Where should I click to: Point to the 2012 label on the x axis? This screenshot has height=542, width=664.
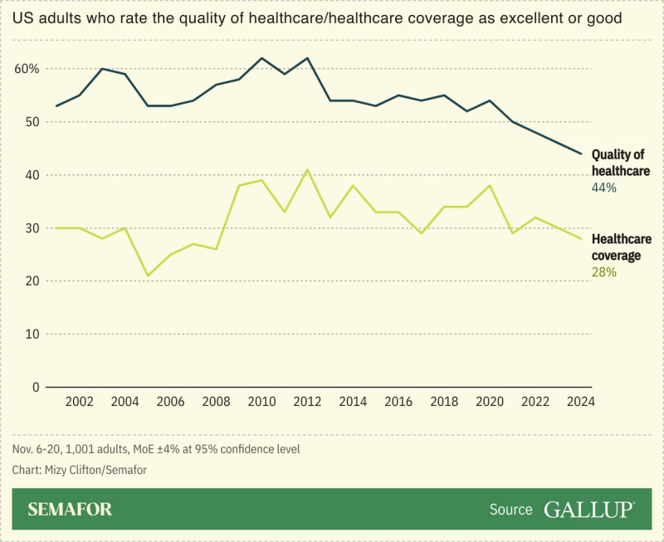[307, 402]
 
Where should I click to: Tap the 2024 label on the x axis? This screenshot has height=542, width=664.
[580, 402]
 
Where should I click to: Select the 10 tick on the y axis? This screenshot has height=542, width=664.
[32, 334]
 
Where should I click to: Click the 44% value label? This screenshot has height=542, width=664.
[603, 188]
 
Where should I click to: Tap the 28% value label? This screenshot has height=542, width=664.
[603, 272]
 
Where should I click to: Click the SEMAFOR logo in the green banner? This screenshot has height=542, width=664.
[70, 509]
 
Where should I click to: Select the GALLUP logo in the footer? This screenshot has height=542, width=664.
[589, 509]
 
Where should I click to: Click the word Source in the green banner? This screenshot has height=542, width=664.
[510, 510]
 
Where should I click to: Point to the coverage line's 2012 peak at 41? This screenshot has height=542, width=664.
[307, 170]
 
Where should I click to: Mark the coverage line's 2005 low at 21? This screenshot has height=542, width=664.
[148, 276]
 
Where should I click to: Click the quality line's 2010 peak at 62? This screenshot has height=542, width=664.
[261, 58]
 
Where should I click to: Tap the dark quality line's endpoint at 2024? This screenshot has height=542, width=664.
[580, 154]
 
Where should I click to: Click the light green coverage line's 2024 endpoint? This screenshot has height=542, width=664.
[580, 238]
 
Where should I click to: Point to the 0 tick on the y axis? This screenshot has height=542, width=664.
[36, 388]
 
